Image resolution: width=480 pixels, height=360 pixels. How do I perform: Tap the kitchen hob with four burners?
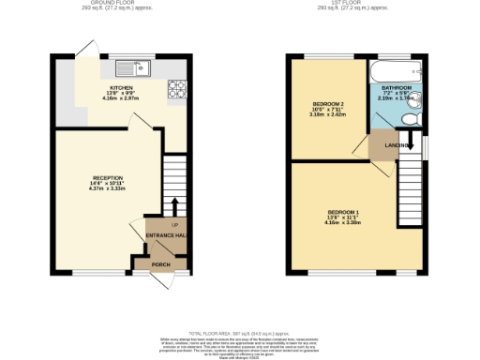(175, 90)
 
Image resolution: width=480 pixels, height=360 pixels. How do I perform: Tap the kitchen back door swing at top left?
(86, 48)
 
